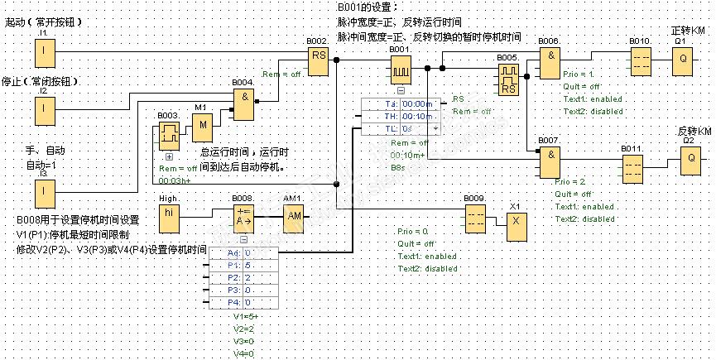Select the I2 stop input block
(x=44, y=108)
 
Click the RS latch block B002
(x=319, y=60)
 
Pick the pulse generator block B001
(x=401, y=71)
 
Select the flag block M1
(x=202, y=126)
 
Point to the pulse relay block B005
(x=508, y=79)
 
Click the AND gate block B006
(x=550, y=60)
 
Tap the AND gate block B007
(x=550, y=162)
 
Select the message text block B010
(x=641, y=60)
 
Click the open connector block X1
(x=517, y=221)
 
